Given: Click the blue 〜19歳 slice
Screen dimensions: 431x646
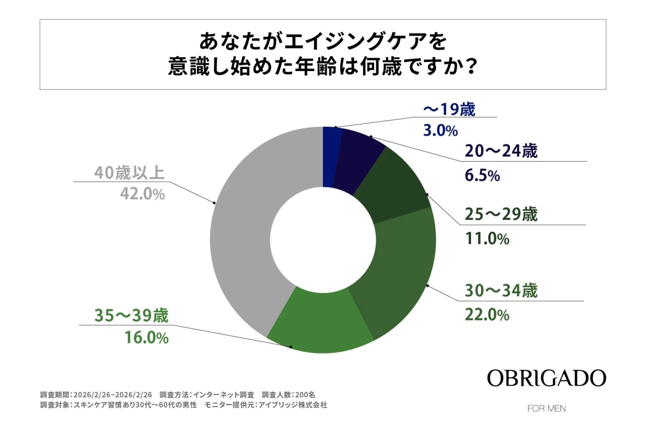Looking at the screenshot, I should click(x=331, y=156).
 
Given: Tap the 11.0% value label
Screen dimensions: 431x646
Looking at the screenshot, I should click(x=487, y=239).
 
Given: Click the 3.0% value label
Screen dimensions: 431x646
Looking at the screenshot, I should click(x=439, y=130).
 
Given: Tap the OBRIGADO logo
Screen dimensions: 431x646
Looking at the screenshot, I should click(x=546, y=378).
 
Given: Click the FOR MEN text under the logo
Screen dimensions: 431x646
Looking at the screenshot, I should click(x=546, y=408).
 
